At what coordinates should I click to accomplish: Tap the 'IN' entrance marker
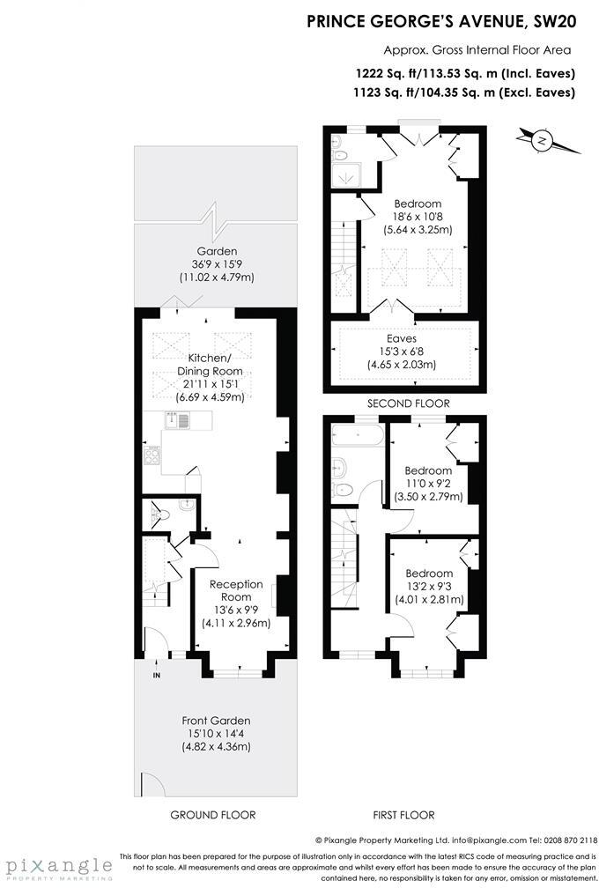156,676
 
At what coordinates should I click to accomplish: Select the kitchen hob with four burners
152,456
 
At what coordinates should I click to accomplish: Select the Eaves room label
401,337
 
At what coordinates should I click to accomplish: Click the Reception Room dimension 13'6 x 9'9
235,610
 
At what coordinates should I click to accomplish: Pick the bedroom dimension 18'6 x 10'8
417,217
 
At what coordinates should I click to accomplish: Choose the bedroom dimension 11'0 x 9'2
429,484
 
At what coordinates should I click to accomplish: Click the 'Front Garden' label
216,720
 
